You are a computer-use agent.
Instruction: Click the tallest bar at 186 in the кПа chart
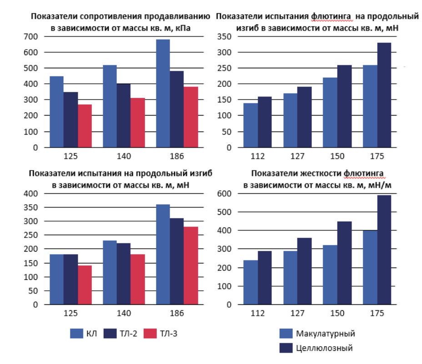(163, 93)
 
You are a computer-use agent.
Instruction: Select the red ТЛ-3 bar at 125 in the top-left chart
(85, 126)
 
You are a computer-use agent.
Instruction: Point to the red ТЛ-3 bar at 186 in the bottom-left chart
(191, 266)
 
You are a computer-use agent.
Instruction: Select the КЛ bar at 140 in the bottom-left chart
(110, 273)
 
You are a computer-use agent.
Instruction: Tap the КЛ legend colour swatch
(76, 334)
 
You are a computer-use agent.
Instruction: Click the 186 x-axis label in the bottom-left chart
(176, 313)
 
